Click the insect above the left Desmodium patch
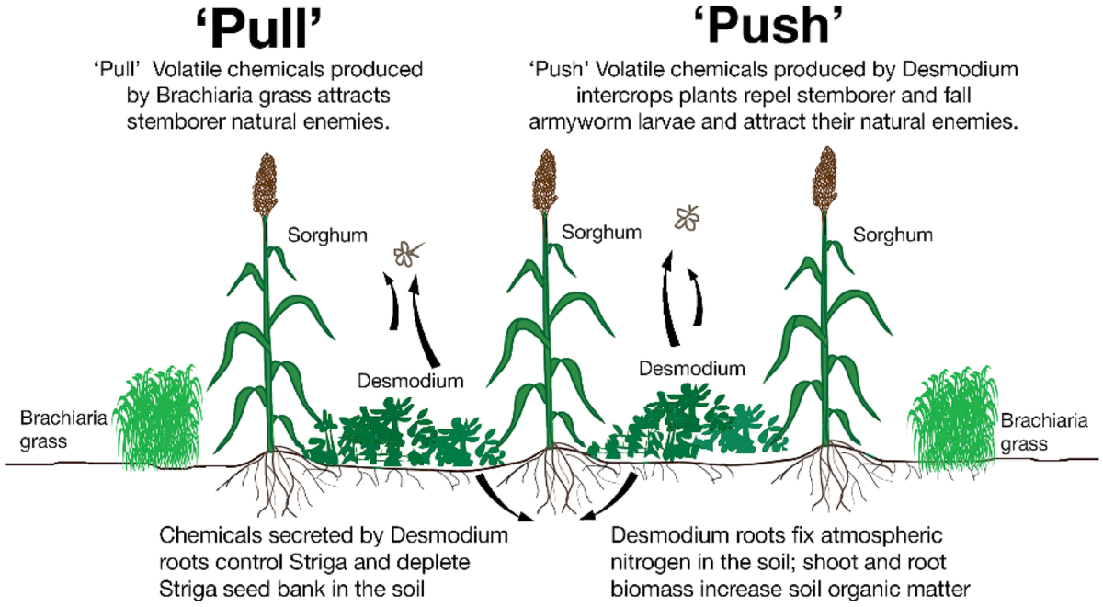point(405,252)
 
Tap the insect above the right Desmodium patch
point(686,217)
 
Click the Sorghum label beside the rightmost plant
point(893,235)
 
